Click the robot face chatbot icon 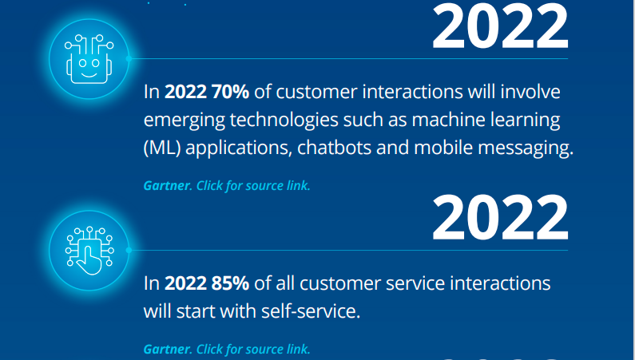pos(89,59)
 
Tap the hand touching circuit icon pos(89,251)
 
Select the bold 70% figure pos(230,92)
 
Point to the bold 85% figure pos(230,283)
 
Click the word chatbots pos(334,148)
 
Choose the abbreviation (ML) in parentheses pos(162,148)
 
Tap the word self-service pos(310,311)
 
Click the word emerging pos(185,121)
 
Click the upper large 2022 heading pos(501,26)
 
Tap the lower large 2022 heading pos(501,217)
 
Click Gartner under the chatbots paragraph pos(167,186)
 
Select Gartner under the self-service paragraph pos(167,349)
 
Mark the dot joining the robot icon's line pos(129,58)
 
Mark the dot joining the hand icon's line pos(129,251)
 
